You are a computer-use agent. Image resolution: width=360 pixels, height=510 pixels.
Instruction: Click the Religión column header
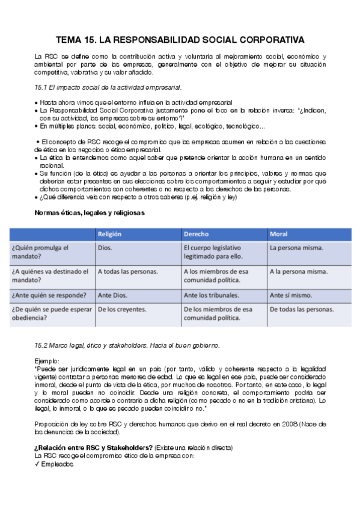tap(112, 233)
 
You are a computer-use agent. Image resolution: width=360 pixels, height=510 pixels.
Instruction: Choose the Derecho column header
tap(197, 233)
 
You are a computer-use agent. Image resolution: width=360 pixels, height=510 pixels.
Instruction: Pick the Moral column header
tap(279, 233)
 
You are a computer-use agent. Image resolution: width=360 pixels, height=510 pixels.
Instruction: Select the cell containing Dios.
tap(105, 247)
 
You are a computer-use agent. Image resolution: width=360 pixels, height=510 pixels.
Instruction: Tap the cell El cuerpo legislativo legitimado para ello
tap(213, 251)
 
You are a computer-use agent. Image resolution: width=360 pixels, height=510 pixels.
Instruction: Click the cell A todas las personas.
tap(128, 271)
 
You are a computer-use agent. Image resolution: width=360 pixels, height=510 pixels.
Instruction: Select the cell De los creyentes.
tap(122, 309)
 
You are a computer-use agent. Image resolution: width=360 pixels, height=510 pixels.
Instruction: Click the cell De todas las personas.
tap(302, 309)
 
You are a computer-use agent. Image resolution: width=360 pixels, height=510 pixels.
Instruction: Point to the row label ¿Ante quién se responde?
tap(49, 295)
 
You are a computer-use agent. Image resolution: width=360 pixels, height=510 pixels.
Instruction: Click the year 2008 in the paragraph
tap(274, 424)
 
